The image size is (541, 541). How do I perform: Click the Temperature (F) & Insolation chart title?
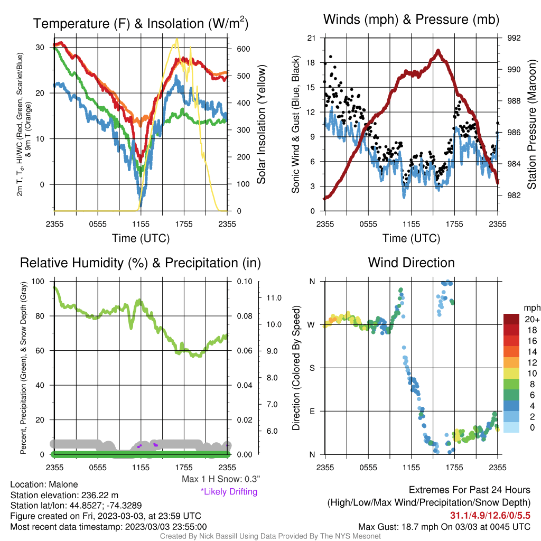tap(141, 23)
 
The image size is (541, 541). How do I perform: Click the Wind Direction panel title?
tap(411, 263)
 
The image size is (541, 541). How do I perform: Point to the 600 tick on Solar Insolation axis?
tap(243, 49)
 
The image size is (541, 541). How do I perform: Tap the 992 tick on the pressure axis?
tap(514, 38)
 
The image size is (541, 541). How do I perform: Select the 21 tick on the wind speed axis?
tap(311, 38)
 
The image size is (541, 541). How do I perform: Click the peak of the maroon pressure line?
tap(438, 51)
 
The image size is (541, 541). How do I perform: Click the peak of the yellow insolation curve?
tap(177, 39)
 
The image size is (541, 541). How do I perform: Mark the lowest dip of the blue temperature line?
tap(141, 206)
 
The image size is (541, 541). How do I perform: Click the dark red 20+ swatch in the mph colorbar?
tap(511, 319)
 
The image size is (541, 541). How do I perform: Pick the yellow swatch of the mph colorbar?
tap(511, 374)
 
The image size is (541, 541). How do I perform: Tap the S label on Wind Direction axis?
tap(312, 368)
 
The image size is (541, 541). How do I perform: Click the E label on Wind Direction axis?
tap(312, 411)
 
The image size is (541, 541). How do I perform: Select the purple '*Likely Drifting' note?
tap(229, 492)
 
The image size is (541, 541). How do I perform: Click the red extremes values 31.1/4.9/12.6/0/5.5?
tap(490, 516)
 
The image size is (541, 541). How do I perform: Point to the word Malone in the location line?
tap(63, 484)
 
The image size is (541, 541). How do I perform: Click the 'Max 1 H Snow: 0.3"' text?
tap(221, 479)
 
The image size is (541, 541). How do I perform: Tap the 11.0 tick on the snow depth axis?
tap(274, 298)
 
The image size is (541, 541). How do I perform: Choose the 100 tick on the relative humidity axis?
tap(38, 282)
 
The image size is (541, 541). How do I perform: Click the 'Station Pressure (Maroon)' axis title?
tap(531, 124)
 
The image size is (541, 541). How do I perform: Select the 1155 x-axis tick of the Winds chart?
tap(411, 224)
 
